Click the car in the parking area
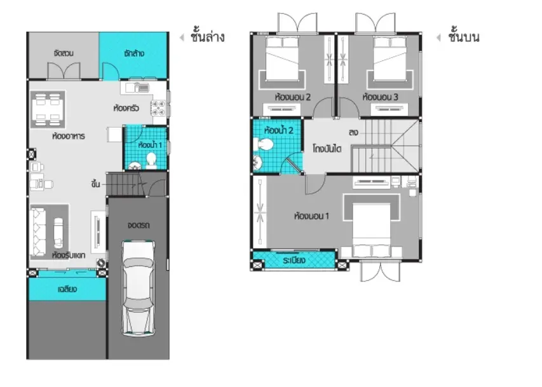point(139,288)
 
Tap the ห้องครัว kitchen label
point(126,108)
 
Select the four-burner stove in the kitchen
point(159,108)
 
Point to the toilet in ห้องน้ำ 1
point(151,161)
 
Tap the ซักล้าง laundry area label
point(134,53)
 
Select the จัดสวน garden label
point(64,53)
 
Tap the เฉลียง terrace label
point(67,289)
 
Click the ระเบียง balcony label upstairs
point(294,260)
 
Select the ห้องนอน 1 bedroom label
point(311,217)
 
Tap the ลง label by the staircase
point(353,132)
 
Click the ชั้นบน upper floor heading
point(464,36)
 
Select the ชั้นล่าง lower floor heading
point(207,36)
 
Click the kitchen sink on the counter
point(137,88)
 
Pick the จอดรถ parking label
point(139,226)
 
